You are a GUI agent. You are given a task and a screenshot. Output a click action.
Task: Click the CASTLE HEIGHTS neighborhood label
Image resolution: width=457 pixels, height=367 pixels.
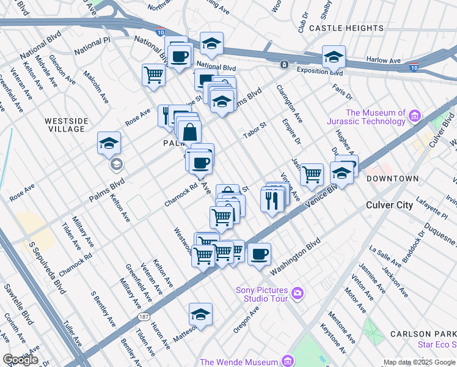347,28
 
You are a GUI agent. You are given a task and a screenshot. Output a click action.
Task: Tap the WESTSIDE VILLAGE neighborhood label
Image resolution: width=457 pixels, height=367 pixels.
65,125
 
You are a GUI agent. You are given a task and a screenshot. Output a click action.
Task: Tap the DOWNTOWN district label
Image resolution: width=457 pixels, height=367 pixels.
392,179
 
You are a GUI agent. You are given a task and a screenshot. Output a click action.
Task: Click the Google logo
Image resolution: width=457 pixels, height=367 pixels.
20,360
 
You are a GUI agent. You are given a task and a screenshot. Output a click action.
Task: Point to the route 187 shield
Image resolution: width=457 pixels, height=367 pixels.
143,317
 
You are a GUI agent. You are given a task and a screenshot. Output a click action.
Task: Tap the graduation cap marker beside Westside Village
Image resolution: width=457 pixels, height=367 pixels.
109,143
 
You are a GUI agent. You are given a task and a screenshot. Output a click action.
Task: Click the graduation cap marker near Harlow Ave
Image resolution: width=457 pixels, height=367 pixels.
334,57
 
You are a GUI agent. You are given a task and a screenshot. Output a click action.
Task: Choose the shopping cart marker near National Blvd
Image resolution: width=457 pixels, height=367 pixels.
154,75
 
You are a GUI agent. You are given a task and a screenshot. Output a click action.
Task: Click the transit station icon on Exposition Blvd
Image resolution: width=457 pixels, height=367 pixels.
284,64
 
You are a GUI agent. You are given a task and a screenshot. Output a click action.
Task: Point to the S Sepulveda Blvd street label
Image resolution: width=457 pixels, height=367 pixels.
46,267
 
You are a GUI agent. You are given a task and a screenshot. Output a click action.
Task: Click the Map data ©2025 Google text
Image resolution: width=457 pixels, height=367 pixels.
419,362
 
